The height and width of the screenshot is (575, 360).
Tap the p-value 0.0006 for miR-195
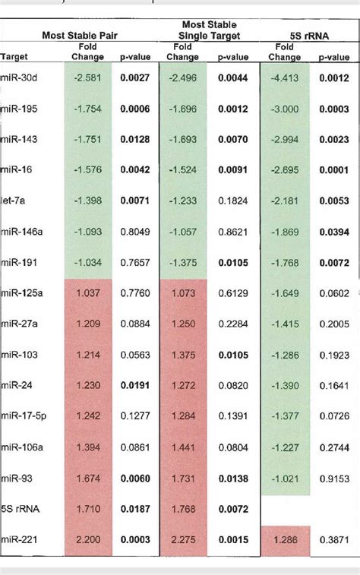[135, 109]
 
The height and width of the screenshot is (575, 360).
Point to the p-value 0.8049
[135, 232]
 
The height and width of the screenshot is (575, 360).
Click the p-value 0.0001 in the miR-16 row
[333, 170]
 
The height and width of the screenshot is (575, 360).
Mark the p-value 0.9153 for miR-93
[333, 479]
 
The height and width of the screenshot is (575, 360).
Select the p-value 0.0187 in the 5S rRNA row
[135, 510]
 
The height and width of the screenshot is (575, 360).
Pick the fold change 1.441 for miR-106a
[183, 448]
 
